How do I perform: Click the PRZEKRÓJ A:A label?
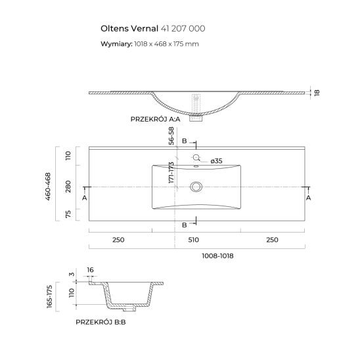[157, 119]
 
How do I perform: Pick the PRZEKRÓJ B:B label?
[102, 323]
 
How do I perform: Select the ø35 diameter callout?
[216, 161]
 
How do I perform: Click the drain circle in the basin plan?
[195, 187]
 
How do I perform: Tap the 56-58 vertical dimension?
[171, 135]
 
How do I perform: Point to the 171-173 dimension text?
[171, 175]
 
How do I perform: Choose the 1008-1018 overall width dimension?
[217, 256]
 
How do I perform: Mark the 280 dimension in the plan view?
[68, 187]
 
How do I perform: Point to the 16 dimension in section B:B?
[90, 270]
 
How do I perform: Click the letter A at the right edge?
[308, 196]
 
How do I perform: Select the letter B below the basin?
[185, 225]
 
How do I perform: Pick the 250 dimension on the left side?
[118, 240]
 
